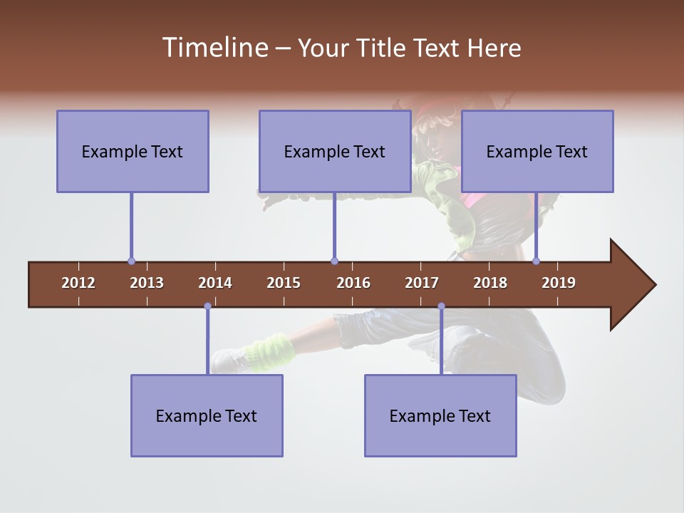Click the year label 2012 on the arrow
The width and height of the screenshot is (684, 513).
tap(78, 283)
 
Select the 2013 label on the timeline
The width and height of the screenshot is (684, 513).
tap(147, 283)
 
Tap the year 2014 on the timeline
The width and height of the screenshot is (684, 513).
tap(215, 283)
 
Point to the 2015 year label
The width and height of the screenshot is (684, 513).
tap(284, 283)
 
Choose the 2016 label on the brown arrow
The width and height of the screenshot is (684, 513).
tap(353, 283)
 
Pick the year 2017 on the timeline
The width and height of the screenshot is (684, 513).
tap(422, 283)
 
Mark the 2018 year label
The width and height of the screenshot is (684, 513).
tap(490, 283)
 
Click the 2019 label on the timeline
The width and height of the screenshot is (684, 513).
tap(559, 283)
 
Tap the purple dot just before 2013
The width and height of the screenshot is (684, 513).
tap(131, 261)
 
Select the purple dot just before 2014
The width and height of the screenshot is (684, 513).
tap(207, 306)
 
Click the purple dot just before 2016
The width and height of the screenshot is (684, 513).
tap(334, 261)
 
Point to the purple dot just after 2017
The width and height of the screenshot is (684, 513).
tap(441, 306)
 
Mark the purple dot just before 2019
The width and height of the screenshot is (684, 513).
tap(536, 261)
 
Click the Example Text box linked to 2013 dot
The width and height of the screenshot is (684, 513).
tap(133, 152)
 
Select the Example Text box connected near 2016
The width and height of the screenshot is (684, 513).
tap(335, 152)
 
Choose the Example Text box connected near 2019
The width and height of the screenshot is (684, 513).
tap(537, 152)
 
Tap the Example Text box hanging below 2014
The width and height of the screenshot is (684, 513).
tap(207, 416)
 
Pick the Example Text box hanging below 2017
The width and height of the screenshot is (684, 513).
tap(440, 416)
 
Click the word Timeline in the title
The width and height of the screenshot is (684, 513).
tap(214, 48)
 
